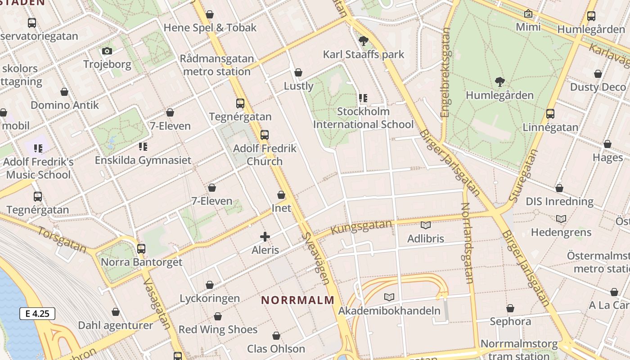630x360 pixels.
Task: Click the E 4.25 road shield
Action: tap(37, 314)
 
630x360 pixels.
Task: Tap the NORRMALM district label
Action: tap(298, 300)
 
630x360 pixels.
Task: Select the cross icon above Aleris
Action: tap(265, 236)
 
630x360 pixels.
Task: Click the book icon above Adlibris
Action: tap(425, 225)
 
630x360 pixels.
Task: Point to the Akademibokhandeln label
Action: tap(389, 310)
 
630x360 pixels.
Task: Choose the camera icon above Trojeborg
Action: tap(107, 51)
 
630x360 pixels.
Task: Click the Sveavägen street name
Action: tap(315, 258)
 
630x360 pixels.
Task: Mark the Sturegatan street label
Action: tap(523, 176)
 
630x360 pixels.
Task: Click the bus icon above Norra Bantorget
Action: tap(141, 248)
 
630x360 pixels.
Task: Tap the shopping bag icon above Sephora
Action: tap(510, 308)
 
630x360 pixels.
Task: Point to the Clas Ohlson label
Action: tap(276, 349)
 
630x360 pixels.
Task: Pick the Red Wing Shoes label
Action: tap(218, 329)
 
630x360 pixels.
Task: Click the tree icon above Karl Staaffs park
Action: tap(364, 41)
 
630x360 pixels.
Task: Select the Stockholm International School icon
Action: tap(363, 98)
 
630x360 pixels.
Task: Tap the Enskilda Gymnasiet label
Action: tap(143, 160)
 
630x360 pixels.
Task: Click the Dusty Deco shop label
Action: tap(598, 87)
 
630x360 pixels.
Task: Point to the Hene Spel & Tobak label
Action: tap(210, 27)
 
